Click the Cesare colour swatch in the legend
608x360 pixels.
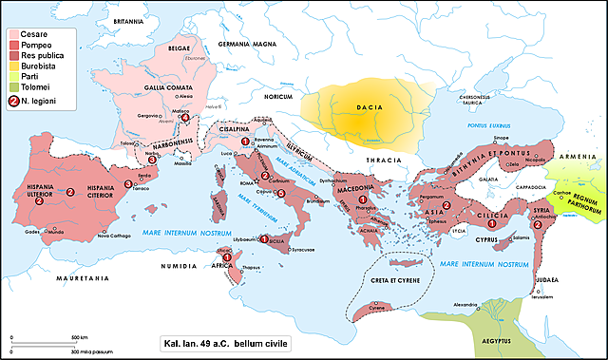coord(12,32)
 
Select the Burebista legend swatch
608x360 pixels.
coord(12,66)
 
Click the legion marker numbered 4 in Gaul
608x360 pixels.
coord(185,118)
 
